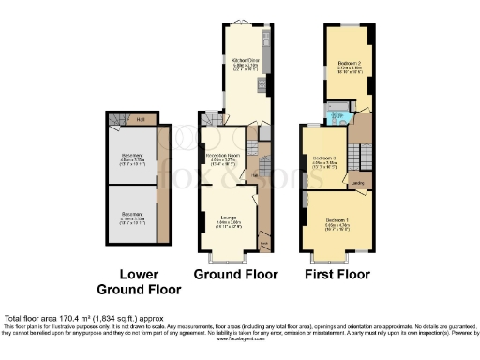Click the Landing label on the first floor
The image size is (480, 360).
click(358, 182)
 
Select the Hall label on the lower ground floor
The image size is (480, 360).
click(140, 119)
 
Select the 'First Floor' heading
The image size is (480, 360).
click(337, 275)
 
